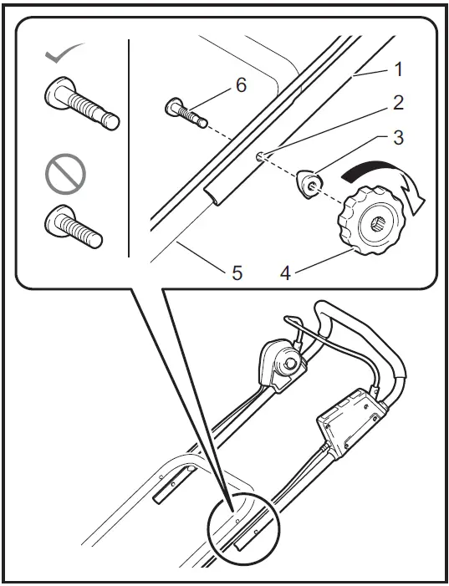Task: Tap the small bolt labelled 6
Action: [x=185, y=112]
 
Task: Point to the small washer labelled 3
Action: [x=309, y=182]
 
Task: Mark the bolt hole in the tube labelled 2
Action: [x=260, y=154]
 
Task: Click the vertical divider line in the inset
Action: [x=129, y=146]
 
